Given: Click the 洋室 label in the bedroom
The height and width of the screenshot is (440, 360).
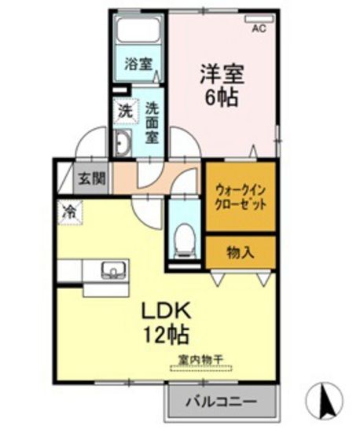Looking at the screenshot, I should coord(222,75).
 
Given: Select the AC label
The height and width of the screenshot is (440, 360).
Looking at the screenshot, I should coord(259,30).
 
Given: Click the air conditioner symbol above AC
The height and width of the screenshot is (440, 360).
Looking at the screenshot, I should coord(257,16).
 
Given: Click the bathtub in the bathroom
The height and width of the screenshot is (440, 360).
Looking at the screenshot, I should coord(138,32).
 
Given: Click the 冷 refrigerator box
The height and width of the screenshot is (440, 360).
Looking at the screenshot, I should coord(68,211).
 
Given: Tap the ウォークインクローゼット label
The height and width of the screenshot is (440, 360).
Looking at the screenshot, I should coord(240,196).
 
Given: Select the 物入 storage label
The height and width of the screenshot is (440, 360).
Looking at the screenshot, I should coord(240,252).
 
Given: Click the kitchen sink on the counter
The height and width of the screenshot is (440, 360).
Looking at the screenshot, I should coord(113,271).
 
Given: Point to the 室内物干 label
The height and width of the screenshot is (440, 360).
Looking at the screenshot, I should coord(200,360).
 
